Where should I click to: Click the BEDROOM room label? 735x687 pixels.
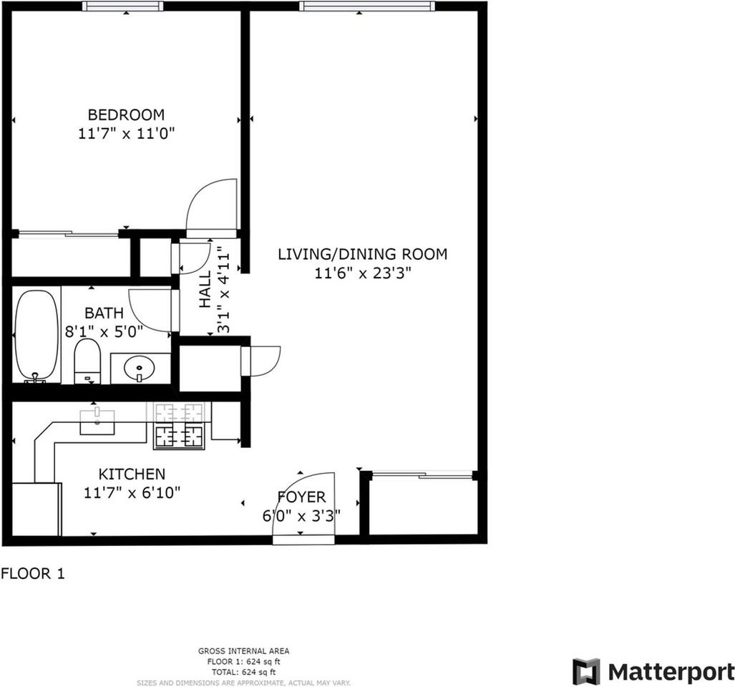126,114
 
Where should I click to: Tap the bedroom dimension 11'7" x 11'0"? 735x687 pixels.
127,133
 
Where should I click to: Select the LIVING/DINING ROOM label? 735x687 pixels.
362,254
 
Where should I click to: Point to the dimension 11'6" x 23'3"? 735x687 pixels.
362,273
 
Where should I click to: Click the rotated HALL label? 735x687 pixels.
205,289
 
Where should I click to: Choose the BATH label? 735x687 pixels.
104,313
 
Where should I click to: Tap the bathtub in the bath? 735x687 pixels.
36,334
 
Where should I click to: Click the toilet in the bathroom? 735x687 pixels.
87,361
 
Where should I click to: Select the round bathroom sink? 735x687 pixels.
137,369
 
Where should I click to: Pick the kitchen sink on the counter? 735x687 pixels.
97,422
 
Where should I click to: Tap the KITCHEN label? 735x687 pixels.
132,474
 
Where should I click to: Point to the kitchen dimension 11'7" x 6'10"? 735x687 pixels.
132,492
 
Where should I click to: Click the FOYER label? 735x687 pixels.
301,497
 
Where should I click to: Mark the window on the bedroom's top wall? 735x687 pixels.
122,6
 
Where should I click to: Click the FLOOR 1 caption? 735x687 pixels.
33,573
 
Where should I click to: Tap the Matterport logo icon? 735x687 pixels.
586,671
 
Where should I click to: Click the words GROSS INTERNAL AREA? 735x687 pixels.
243,651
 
